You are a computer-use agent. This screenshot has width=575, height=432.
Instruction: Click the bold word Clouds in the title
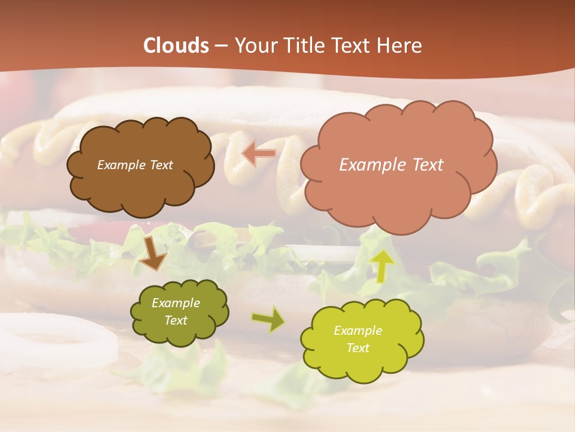(x=176, y=46)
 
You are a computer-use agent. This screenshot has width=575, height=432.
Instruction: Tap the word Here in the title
(x=400, y=46)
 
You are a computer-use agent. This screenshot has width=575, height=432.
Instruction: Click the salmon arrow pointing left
(x=259, y=154)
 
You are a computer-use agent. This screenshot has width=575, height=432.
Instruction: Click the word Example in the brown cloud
(x=120, y=165)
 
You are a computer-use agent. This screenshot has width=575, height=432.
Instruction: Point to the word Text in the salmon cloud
(x=424, y=165)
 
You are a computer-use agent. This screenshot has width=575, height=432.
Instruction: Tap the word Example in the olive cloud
(x=176, y=303)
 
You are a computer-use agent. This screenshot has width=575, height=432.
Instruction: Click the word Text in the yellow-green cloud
(x=358, y=348)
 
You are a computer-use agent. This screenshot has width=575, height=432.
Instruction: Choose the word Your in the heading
(x=254, y=46)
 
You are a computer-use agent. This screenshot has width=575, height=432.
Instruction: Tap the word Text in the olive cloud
(x=176, y=320)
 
